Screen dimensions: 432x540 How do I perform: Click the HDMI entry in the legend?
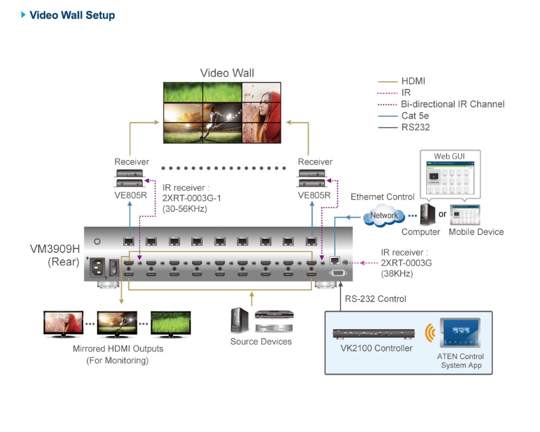pyautogui.click(x=413, y=81)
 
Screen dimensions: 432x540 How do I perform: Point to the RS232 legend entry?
pyautogui.click(x=415, y=127)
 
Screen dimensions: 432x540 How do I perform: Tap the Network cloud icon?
pyautogui.click(x=384, y=215)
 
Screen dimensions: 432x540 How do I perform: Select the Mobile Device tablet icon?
pyautogui.click(x=466, y=215)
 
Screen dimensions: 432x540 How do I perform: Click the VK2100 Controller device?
pyautogui.click(x=372, y=334)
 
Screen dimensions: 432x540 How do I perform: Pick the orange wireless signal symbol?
pyautogui.click(x=431, y=332)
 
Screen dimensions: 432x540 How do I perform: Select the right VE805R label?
pyautogui.click(x=315, y=195)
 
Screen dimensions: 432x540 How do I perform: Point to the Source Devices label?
pyautogui.click(x=261, y=341)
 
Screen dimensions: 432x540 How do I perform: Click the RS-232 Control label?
pyautogui.click(x=375, y=299)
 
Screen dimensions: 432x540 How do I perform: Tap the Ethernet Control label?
pyautogui.click(x=382, y=197)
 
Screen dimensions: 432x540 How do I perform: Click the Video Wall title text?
pyautogui.click(x=227, y=73)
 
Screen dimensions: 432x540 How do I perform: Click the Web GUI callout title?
pyautogui.click(x=449, y=156)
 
